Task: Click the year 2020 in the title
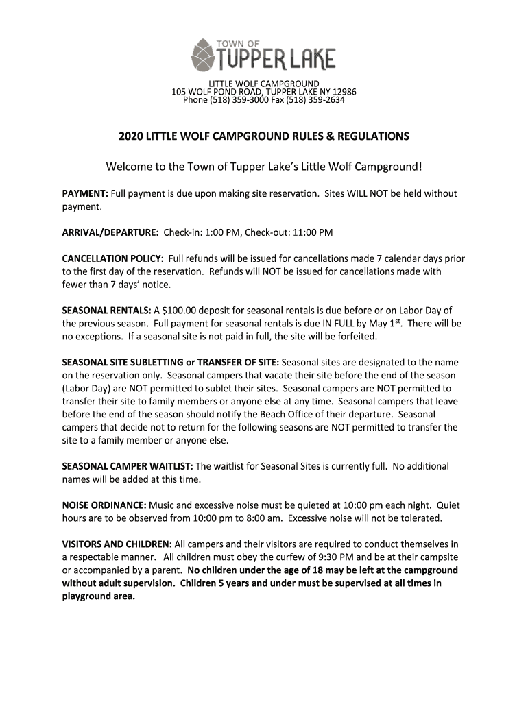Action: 132,136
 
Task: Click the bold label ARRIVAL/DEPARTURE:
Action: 110,232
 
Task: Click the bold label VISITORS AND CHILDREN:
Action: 118,544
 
